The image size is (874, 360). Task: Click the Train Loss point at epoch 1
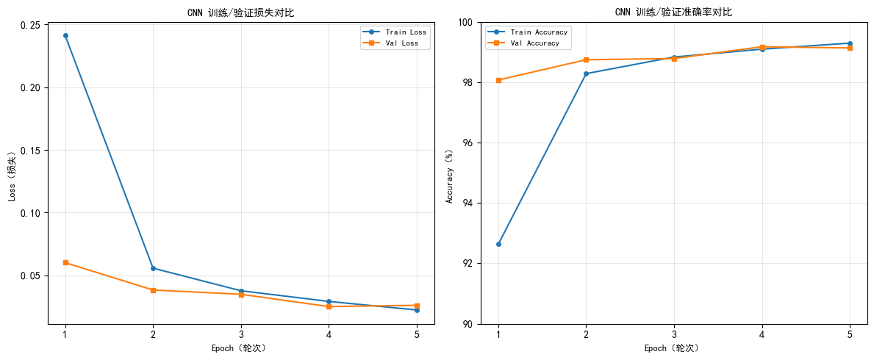click(65, 35)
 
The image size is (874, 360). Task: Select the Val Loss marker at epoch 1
click(65, 262)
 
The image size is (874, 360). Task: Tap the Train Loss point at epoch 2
click(153, 268)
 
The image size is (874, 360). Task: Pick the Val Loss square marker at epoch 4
click(329, 306)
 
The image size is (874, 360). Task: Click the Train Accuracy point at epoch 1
click(498, 244)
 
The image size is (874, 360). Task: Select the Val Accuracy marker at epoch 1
click(498, 80)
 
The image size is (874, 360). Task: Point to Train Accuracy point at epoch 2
click(586, 73)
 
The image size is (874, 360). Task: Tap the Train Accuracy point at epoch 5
click(850, 43)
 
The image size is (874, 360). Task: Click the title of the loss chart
click(240, 12)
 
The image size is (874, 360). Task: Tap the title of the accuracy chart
click(673, 12)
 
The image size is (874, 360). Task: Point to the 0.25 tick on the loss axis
click(30, 25)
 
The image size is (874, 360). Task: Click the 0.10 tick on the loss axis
click(30, 213)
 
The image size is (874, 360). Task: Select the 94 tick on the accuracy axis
click(468, 204)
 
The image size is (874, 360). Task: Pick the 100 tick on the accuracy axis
click(466, 22)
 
